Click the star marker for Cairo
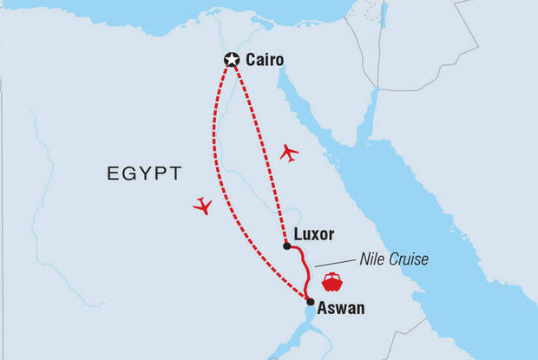(x=231, y=60)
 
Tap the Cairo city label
(x=265, y=60)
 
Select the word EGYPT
(x=144, y=173)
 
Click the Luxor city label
(x=314, y=234)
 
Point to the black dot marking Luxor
(x=286, y=245)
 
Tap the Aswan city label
(x=341, y=308)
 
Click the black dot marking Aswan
(x=310, y=302)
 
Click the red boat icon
(x=331, y=282)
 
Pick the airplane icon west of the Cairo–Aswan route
(x=203, y=206)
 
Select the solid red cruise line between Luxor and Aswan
(x=304, y=269)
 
